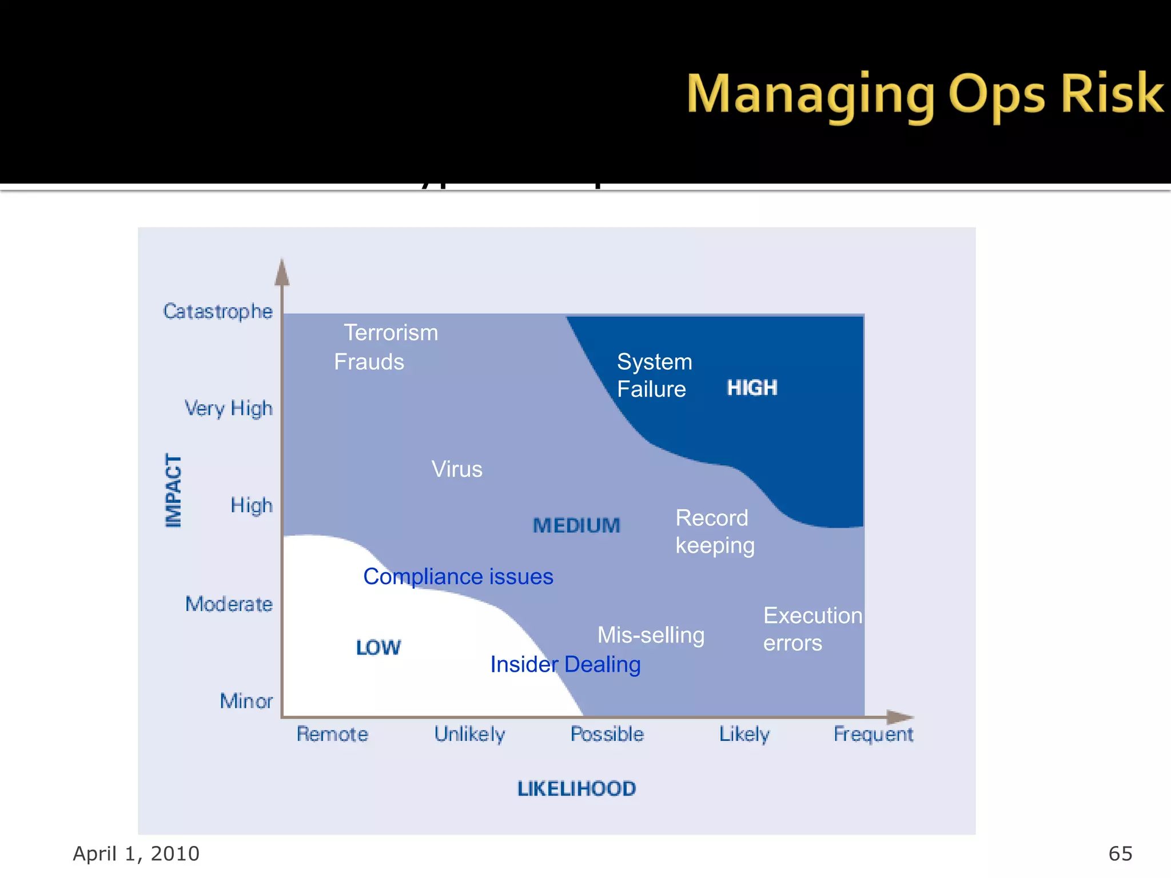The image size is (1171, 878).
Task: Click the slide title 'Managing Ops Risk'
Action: click(924, 94)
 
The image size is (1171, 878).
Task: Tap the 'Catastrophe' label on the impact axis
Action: click(218, 312)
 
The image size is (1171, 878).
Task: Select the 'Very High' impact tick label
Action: click(228, 409)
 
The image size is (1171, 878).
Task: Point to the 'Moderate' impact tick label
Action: click(229, 604)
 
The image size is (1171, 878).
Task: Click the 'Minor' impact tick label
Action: click(246, 701)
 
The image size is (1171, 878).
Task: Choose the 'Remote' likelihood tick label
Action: click(332, 734)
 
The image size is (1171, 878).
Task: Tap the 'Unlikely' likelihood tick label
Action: click(469, 734)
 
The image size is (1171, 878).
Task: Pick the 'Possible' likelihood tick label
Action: click(607, 734)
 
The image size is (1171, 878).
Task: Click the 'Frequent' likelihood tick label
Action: click(873, 734)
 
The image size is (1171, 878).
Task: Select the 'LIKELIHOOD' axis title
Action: click(576, 789)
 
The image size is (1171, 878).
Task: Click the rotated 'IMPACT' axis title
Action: click(173, 490)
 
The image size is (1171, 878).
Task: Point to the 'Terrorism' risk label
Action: click(391, 333)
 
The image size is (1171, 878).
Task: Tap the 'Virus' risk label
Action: click(457, 469)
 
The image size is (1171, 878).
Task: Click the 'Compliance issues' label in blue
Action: click(458, 577)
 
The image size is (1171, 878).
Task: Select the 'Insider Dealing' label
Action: click(565, 664)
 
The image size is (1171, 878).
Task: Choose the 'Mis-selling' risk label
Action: click(651, 635)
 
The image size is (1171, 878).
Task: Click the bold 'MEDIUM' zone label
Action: click(576, 526)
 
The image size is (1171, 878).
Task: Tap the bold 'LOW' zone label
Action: click(378, 648)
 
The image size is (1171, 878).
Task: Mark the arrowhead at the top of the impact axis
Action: click(282, 272)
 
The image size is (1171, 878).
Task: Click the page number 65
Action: click(1120, 853)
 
